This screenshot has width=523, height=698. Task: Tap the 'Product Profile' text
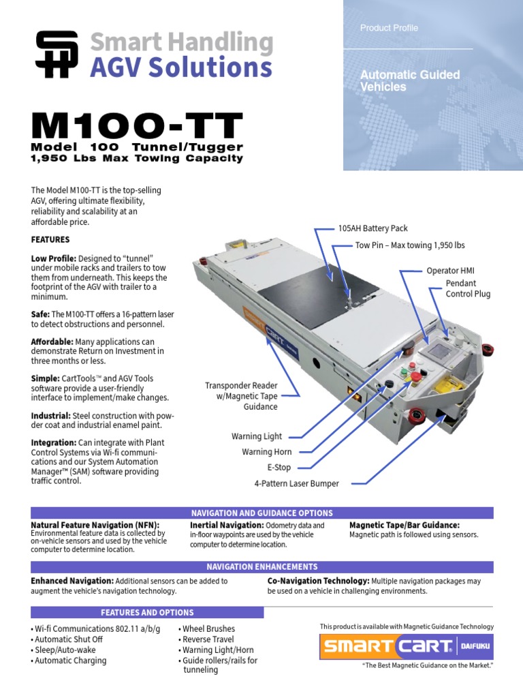pyautogui.click(x=389, y=28)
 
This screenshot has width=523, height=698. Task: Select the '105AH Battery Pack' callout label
pyautogui.click(x=373, y=228)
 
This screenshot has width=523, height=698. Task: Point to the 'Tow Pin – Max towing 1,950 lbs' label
pyautogui.click(x=410, y=245)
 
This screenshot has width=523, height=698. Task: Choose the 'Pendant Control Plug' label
pyautogui.click(x=468, y=288)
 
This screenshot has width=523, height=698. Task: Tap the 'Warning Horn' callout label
pyautogui.click(x=267, y=452)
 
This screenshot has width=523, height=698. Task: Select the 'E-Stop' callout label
pyautogui.click(x=279, y=468)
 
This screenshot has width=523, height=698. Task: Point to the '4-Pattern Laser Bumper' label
pyautogui.click(x=296, y=483)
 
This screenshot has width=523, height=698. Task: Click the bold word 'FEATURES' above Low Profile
pyautogui.click(x=50, y=240)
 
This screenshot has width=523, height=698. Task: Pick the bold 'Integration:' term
pyautogui.click(x=54, y=442)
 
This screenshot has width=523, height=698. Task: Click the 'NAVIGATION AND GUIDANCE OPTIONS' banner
pyautogui.click(x=262, y=513)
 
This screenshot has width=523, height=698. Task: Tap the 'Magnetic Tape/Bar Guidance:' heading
pyautogui.click(x=405, y=525)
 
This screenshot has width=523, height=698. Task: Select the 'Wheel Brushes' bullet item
pyautogui.click(x=209, y=628)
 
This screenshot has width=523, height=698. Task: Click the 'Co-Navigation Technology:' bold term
pyautogui.click(x=318, y=581)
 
